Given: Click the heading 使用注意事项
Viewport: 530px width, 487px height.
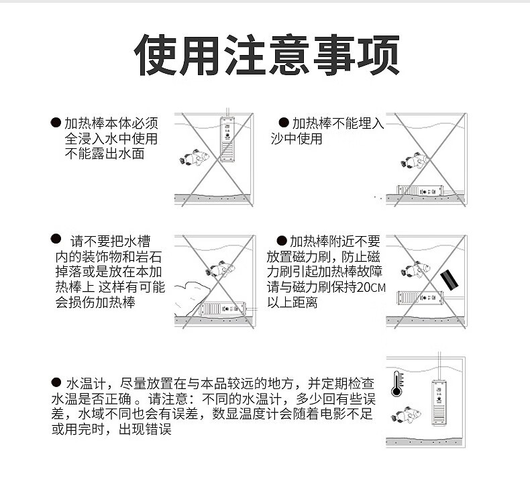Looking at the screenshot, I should point(268,54).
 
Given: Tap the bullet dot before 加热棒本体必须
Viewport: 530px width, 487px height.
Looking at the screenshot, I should point(56,123).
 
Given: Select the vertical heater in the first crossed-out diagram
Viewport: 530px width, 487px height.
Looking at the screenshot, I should point(228,139).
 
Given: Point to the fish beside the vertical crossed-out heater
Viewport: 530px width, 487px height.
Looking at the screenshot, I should point(195,158).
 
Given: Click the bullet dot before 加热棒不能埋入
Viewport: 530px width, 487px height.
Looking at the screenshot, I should point(283,123).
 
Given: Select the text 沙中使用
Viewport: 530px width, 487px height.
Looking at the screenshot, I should point(296,139).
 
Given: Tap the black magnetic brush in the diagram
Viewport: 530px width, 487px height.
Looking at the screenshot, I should point(449,279).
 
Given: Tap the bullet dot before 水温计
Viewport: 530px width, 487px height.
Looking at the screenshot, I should point(56,382).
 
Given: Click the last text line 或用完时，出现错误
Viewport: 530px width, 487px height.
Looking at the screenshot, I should point(111,429).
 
